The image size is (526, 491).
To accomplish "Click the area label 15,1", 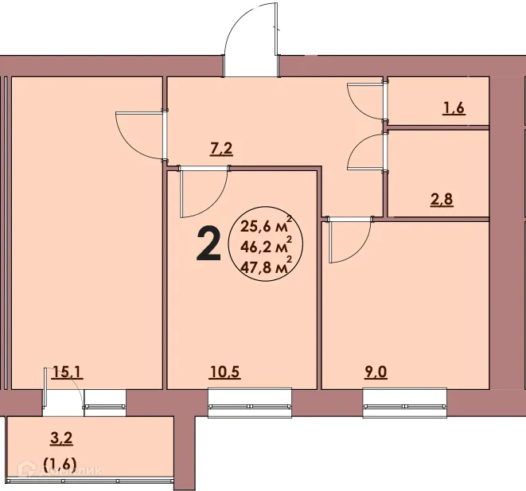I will point(64,370).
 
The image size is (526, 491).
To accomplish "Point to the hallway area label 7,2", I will point(220,147).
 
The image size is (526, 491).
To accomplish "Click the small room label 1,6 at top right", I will point(454,109).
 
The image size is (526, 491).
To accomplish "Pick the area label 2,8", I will point(442,199).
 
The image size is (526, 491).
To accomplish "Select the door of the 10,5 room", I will point(201,193).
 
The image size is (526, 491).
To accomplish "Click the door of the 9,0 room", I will point(349,240).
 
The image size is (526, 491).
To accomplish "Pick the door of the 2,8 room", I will point(367,151).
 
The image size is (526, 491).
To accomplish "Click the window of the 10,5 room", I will point(250,402).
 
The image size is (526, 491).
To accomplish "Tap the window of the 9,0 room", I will point(404,402).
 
